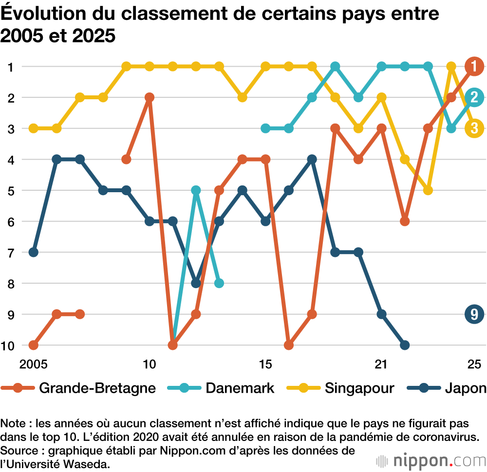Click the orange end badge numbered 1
tap(474, 66)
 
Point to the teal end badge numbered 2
tap(474, 97)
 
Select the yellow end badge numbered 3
tap(474, 128)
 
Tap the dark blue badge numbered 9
tap(474, 314)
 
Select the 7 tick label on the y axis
tap(10, 252)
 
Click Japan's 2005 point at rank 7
tap(33, 252)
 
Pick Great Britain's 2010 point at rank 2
tap(150, 97)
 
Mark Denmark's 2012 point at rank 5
tap(196, 190)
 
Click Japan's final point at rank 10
tap(405, 345)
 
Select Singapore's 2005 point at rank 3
tap(33, 128)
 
